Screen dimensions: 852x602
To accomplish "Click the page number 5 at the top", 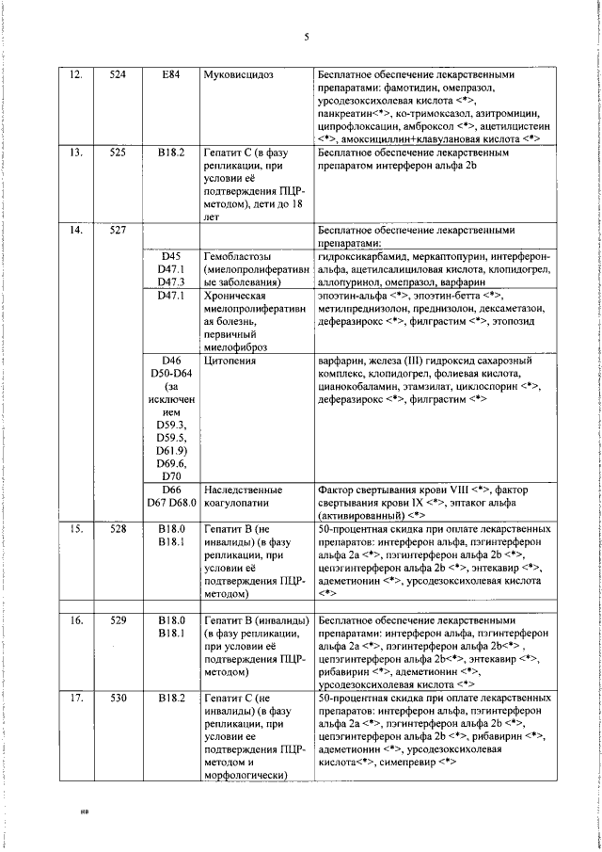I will pos(307,38).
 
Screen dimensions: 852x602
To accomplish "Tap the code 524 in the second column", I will pos(118,73).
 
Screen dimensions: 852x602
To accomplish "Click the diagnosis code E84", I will pos(170,73).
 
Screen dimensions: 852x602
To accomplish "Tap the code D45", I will pos(170,255).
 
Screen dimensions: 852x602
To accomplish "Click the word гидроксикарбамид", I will pos(367,255).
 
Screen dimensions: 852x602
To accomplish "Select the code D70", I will pos(170,476).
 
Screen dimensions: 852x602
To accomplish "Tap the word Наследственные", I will pos(244,490).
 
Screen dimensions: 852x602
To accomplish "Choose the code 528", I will pos(118,530).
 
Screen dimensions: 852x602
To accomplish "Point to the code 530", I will pos(118,698).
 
